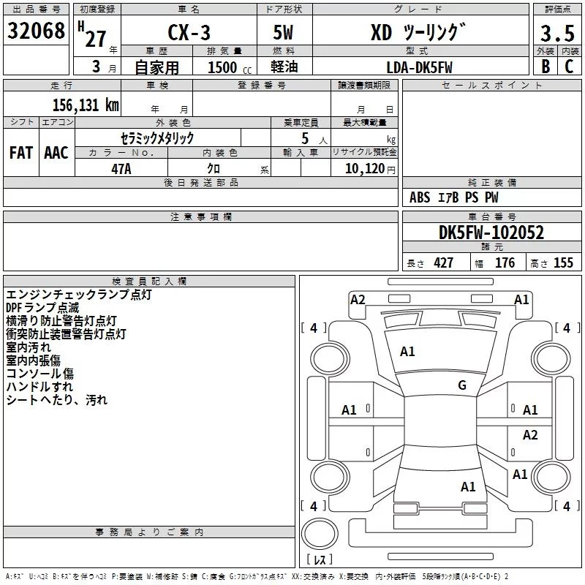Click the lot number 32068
[x=36, y=32]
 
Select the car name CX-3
[x=186, y=34]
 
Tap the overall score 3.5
[x=556, y=34]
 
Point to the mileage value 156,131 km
[x=86, y=105]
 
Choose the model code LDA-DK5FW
[x=419, y=67]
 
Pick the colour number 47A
[x=121, y=168]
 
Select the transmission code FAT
[x=21, y=153]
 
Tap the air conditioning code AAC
[x=56, y=153]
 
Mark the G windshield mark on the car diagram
[x=462, y=385]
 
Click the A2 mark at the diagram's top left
[x=358, y=299]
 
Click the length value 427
[x=443, y=263]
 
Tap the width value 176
[x=505, y=263]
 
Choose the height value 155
[x=564, y=263]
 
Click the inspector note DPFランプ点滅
[x=42, y=308]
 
